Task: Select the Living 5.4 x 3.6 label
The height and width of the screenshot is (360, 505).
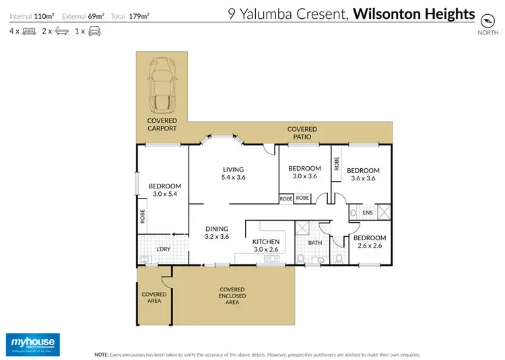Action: (233, 174)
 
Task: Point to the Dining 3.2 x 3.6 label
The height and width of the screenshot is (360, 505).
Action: (217, 232)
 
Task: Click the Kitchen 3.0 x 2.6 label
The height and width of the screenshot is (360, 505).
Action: (266, 246)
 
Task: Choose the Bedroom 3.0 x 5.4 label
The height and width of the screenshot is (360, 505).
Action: (165, 190)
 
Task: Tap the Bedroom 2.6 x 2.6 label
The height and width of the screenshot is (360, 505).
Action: (369, 242)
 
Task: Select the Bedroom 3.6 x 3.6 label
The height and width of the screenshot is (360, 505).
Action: (363, 174)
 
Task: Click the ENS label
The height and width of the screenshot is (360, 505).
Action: (368, 213)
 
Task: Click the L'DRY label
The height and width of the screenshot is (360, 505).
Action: (164, 250)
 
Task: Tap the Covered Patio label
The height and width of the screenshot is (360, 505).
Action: (302, 133)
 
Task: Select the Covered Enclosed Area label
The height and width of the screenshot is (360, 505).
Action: (232, 296)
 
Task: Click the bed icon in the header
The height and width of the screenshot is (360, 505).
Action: (29, 31)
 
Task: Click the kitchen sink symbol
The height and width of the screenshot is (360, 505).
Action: (273, 258)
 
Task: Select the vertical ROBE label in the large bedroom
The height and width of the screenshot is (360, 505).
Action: (143, 216)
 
